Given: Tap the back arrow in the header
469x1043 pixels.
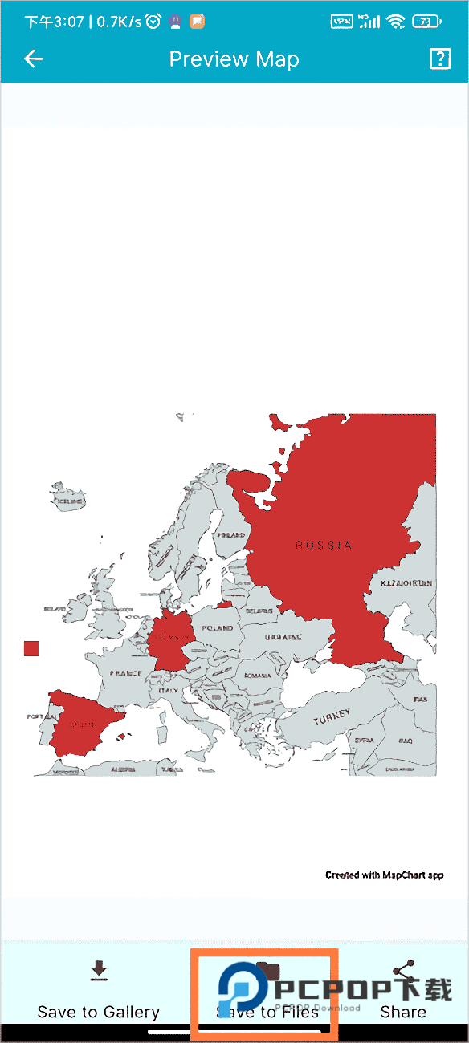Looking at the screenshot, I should (33, 59).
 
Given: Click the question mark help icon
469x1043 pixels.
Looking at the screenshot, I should (440, 59).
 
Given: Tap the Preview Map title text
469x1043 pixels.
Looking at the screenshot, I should (234, 59).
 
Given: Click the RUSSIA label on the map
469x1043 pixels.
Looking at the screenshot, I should (324, 545).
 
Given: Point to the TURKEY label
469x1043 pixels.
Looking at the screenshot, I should (332, 715).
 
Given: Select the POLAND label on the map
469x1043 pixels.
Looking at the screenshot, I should (218, 628).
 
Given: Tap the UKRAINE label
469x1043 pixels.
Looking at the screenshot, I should (283, 638).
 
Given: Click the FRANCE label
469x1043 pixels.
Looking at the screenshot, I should (125, 673).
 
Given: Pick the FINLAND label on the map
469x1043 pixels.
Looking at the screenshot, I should (231, 534).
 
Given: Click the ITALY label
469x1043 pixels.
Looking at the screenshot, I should (168, 690).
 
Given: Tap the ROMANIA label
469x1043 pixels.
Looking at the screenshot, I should (259, 676).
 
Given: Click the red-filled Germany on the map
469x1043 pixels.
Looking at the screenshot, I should (171, 638).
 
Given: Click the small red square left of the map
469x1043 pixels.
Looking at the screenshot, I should (31, 648).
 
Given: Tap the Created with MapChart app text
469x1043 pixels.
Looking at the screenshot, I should (384, 875).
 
